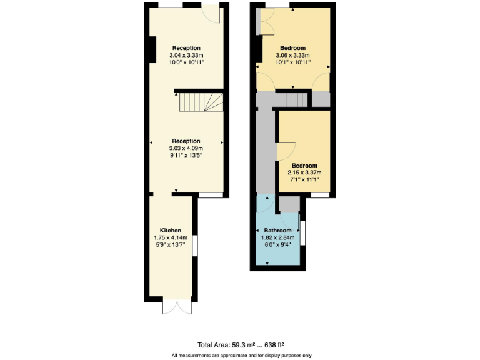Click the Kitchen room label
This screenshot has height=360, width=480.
tap(171, 230)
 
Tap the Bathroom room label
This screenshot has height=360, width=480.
tap(277, 230)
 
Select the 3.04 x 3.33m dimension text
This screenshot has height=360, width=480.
tap(186, 56)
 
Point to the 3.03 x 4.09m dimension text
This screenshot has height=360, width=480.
tap(186, 148)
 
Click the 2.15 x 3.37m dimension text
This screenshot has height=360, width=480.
tap(304, 172)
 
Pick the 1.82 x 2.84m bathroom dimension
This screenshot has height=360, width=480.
tap(277, 237)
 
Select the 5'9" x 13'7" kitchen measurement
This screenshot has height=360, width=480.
tap(171, 245)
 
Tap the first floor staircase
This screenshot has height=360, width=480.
tap(292, 99)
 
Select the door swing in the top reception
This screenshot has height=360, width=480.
tap(211, 15)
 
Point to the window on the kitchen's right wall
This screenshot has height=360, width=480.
tap(195, 246)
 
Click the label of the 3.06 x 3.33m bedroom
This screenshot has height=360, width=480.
tap(292, 48)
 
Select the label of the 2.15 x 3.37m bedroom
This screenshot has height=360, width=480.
tap(304, 165)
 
